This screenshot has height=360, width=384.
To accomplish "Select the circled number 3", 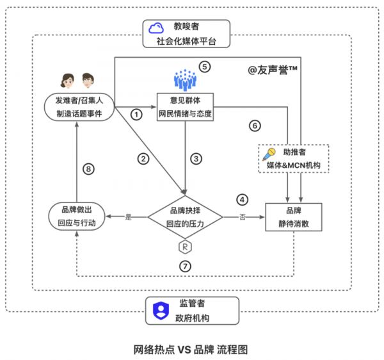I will (x=196, y=158).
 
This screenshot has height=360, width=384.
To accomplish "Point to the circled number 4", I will (x=241, y=199).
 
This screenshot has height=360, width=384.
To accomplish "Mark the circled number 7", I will (x=185, y=266).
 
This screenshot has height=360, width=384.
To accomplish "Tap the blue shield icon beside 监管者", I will (x=156, y=309).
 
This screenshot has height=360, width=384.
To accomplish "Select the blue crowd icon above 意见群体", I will (x=184, y=79).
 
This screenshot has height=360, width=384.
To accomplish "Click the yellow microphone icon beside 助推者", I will (x=271, y=154).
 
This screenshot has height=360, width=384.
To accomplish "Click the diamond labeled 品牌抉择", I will (x=185, y=218).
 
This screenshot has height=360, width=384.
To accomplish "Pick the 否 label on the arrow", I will (x=242, y=217).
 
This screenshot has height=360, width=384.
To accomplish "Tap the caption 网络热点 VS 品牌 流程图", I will (x=190, y=349).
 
